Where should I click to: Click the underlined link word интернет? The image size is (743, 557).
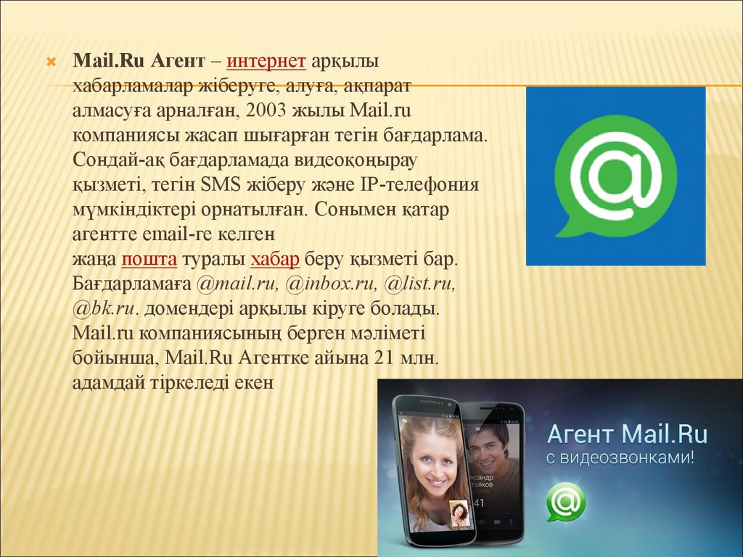(266, 62)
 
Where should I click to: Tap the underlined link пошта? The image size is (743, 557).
(149, 259)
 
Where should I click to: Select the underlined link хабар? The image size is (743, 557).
(275, 259)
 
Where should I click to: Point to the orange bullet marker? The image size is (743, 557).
(52, 62)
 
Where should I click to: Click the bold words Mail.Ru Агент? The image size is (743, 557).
(139, 61)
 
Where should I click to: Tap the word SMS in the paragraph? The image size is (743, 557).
(221, 185)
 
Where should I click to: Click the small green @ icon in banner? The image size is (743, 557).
(566, 501)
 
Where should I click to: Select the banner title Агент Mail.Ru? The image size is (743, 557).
(628, 434)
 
